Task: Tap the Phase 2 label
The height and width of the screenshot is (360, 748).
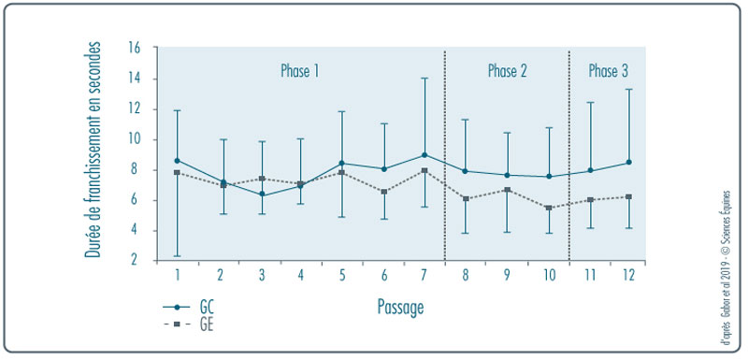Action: click(508, 70)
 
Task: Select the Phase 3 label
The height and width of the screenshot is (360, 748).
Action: click(608, 70)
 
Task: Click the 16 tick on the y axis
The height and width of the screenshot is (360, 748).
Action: click(135, 48)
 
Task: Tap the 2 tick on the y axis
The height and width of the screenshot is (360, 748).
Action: click(137, 261)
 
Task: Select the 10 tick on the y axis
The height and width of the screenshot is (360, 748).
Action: click(135, 139)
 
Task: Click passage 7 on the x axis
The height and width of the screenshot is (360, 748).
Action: click(424, 275)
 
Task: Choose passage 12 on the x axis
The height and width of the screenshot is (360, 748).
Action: click(628, 275)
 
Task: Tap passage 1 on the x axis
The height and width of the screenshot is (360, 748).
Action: click(177, 275)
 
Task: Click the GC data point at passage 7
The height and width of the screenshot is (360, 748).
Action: click(424, 154)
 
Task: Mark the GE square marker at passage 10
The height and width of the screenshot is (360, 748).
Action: click(549, 208)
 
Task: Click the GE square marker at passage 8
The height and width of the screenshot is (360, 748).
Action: click(466, 198)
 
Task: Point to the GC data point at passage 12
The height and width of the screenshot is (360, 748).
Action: click(628, 162)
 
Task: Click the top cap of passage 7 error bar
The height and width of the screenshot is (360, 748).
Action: click(424, 79)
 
